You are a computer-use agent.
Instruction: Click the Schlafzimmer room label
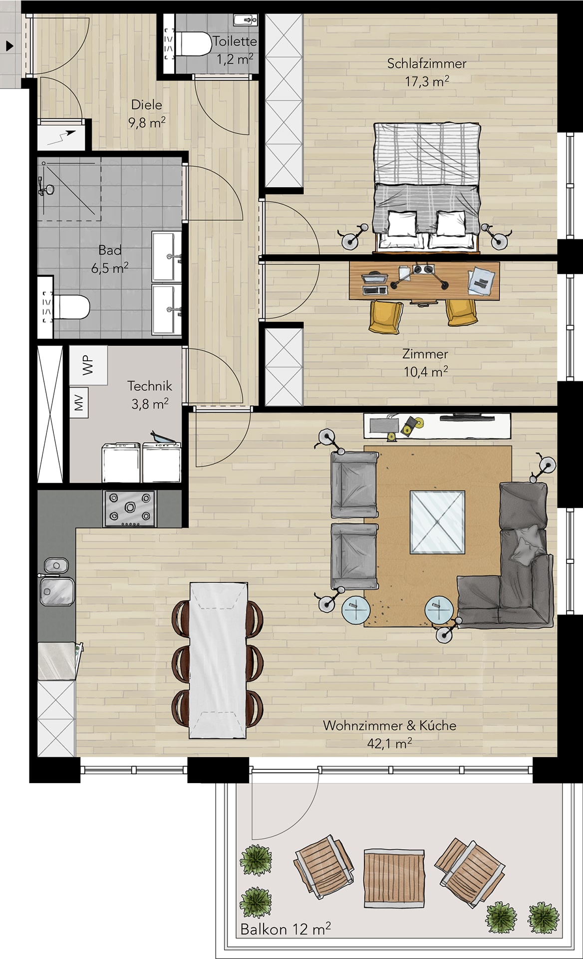point(427,64)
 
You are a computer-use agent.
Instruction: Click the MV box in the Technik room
point(79,403)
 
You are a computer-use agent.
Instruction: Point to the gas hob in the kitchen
point(130,508)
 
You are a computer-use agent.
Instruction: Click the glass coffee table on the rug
point(437,522)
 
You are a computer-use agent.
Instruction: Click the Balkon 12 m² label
point(286,929)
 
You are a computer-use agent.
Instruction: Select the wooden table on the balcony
point(394,878)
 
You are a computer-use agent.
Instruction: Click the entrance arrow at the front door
point(9,46)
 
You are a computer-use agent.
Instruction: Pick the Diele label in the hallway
point(147,105)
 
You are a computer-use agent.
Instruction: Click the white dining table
point(218,659)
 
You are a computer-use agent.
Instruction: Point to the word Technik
point(150,386)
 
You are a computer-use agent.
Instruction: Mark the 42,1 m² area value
point(389,743)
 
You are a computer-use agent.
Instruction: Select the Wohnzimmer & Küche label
point(389,725)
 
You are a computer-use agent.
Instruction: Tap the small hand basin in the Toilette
point(245,20)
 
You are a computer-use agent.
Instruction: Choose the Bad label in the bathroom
point(110,250)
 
